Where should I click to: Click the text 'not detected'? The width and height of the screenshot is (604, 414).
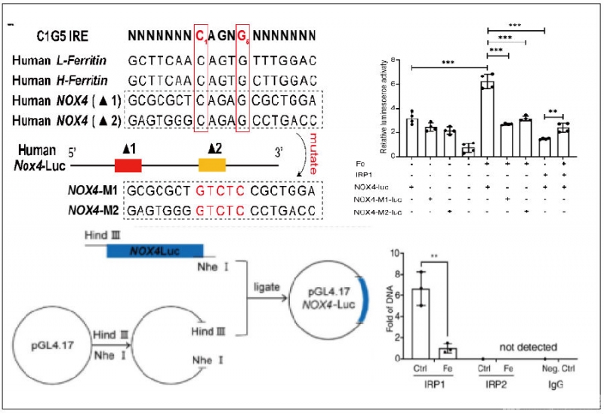524,347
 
